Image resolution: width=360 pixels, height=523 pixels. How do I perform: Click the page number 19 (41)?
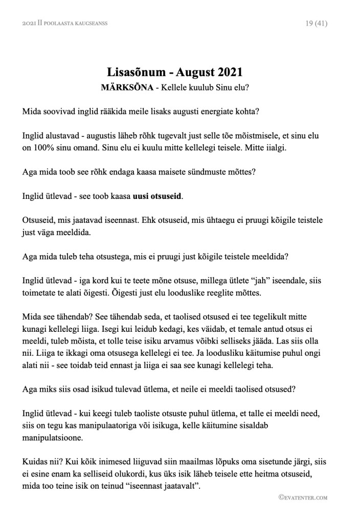316,23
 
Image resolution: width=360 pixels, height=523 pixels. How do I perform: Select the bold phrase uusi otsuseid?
157,196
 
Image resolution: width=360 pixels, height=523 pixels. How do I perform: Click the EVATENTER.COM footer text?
303,497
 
